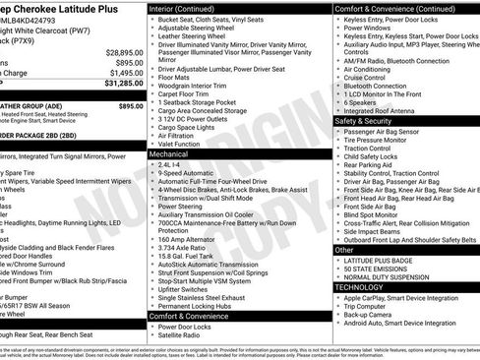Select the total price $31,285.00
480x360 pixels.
[x=118, y=85]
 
